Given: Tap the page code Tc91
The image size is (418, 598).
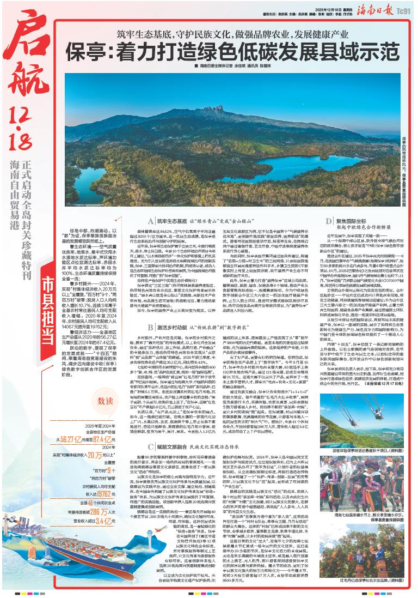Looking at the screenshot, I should [x=404, y=10].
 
